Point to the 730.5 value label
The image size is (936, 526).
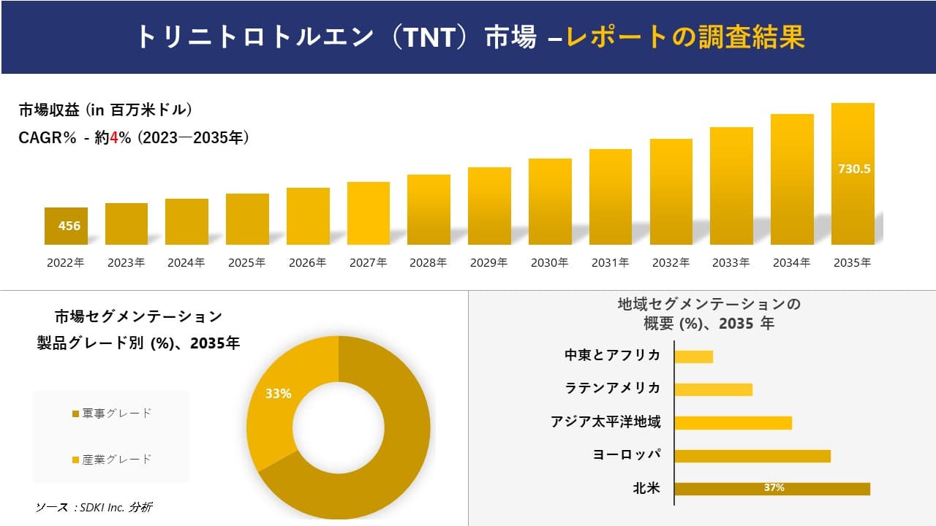[x=853, y=169]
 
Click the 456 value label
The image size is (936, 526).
[x=69, y=226]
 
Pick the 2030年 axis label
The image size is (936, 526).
[x=549, y=263]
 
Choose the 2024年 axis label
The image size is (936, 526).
[x=186, y=263]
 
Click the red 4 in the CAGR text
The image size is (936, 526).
[x=114, y=137]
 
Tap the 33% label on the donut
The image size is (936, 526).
[x=278, y=394]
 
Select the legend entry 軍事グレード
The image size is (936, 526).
[x=112, y=413]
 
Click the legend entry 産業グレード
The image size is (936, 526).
[x=112, y=460]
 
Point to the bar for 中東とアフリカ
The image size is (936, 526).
[x=693, y=357]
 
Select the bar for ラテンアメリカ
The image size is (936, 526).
[x=713, y=389]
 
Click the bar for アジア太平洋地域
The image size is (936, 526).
[x=733, y=423]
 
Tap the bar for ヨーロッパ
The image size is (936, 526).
[x=752, y=456]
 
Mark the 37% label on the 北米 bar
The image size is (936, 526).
[x=774, y=488]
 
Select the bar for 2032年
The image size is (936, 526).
[x=671, y=191]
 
